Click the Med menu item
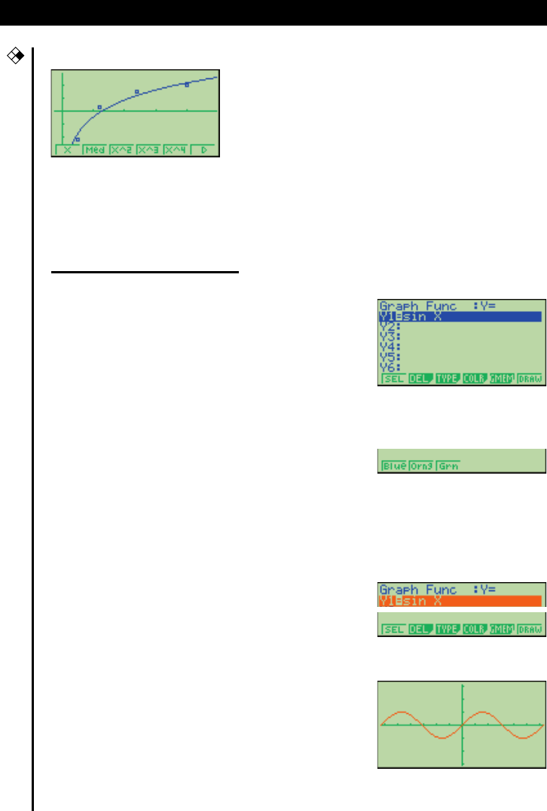tap(95, 150)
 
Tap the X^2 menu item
tap(122, 150)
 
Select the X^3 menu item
tap(149, 150)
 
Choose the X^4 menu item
tap(176, 150)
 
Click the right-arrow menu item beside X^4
tap(203, 150)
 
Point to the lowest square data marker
tap(77, 139)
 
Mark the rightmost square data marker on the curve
tap(187, 84)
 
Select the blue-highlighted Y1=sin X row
tap(460, 317)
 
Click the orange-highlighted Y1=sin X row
tap(460, 601)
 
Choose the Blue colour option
tap(393, 466)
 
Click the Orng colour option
tap(420, 466)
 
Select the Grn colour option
tap(448, 466)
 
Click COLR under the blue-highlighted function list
tap(474, 379)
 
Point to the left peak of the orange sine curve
tap(401, 711)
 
